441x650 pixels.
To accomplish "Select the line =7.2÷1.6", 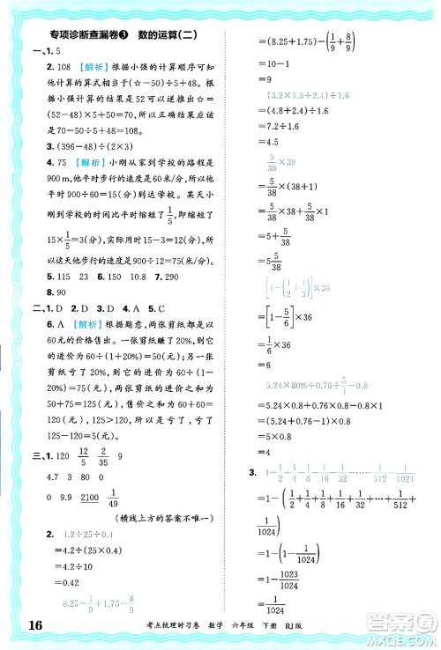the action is (275, 126).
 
